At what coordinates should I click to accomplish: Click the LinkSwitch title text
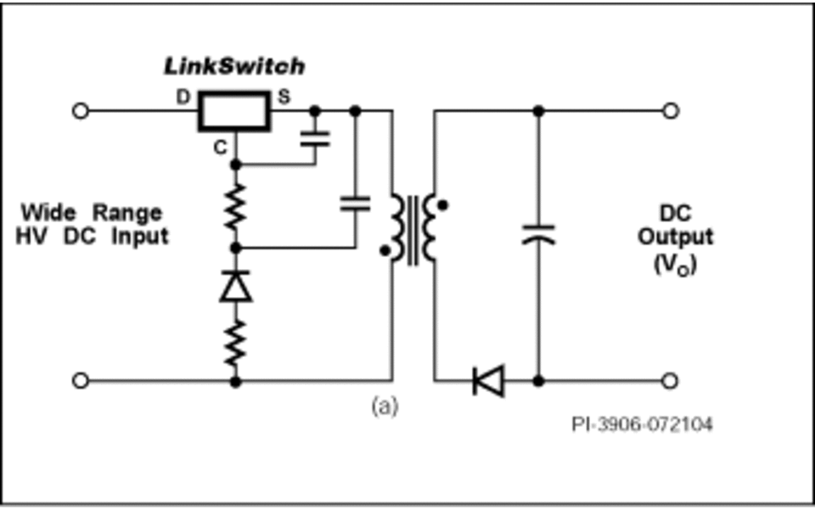[234, 66]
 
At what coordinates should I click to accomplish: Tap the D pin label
[183, 97]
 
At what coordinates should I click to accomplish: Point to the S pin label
[284, 97]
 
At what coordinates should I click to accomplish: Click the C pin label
[221, 148]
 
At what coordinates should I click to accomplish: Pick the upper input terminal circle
[80, 111]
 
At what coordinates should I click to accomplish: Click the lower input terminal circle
[80, 381]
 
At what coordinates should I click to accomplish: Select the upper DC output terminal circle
[671, 111]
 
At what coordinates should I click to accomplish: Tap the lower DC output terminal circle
[671, 381]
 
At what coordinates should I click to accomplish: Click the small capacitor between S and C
[315, 138]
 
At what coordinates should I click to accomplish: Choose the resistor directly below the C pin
[235, 207]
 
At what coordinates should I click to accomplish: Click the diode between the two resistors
[235, 286]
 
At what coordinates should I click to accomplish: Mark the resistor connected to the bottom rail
[235, 344]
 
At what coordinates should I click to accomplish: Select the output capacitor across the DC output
[538, 234]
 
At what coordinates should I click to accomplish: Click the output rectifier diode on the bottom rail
[489, 381]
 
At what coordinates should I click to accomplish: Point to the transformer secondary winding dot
[442, 205]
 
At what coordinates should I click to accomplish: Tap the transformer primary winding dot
[385, 251]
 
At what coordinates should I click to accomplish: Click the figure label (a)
[385, 406]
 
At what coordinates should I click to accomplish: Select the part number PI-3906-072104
[642, 425]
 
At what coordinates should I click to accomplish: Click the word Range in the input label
[127, 214]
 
